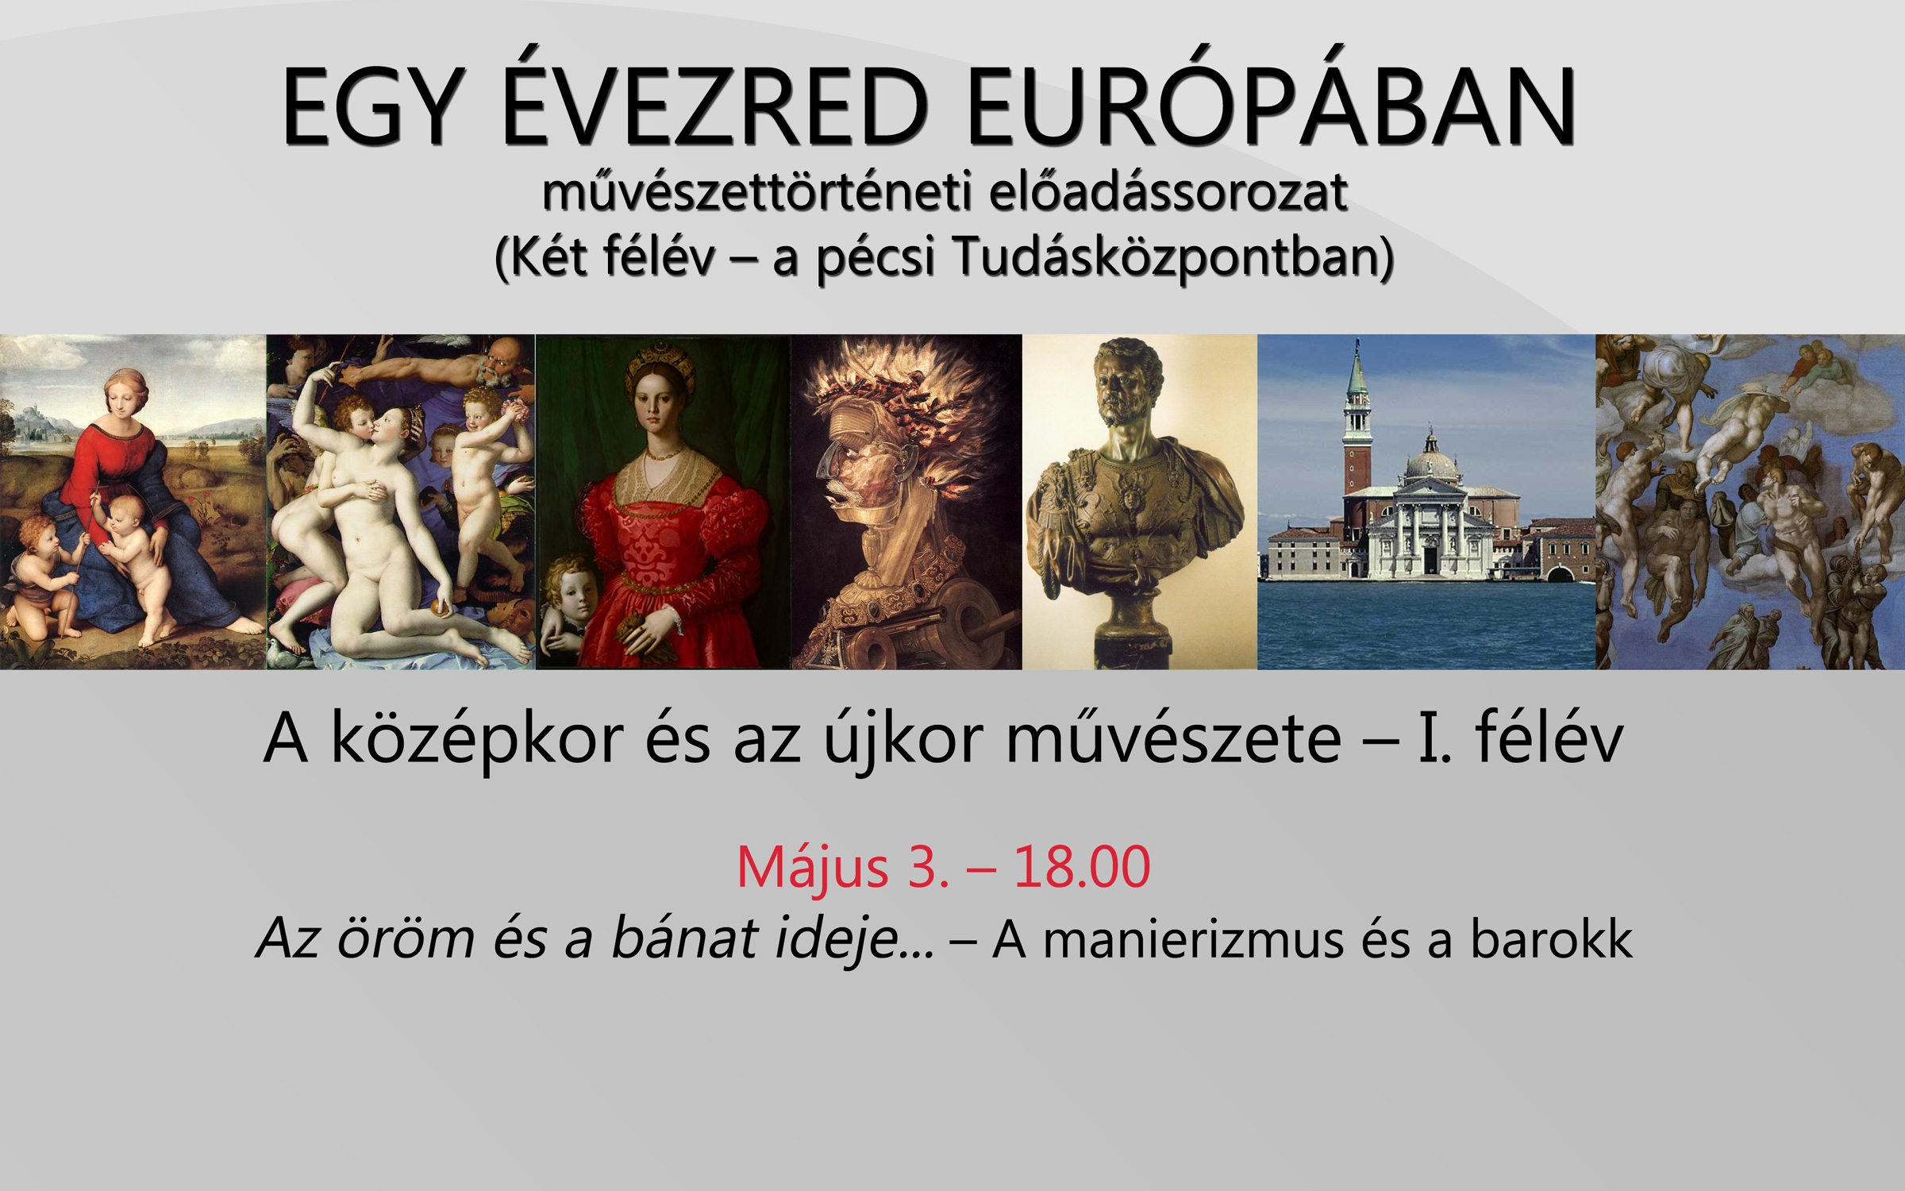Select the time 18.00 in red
[1082, 866]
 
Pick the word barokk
[1551, 939]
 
